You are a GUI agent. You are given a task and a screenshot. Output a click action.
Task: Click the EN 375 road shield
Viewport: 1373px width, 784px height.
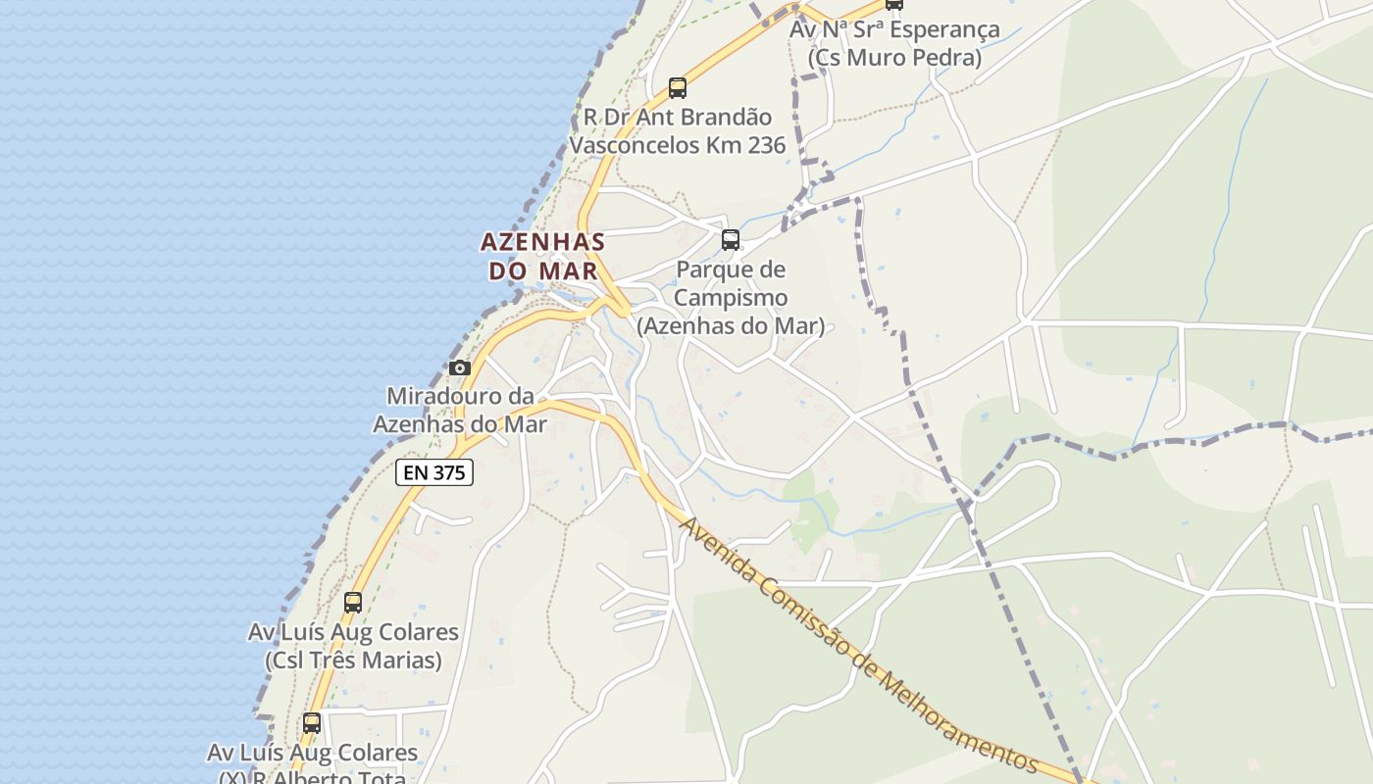tap(434, 472)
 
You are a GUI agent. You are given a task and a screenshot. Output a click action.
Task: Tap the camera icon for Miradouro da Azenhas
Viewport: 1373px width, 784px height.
tap(459, 368)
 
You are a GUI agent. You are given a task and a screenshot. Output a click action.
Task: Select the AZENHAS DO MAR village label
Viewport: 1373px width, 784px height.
tap(542, 256)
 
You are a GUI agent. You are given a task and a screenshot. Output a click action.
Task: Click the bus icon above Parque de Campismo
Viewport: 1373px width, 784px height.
tap(730, 240)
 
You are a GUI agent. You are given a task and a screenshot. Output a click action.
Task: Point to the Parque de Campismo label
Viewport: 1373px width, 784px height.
tap(731, 297)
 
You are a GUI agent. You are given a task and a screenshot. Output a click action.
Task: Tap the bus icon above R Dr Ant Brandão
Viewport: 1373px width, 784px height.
tap(678, 88)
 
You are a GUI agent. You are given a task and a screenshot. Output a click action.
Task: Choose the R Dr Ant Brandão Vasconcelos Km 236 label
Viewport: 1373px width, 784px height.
tap(678, 131)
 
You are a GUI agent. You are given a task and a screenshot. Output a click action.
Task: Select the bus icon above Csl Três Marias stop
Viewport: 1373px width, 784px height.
tap(353, 603)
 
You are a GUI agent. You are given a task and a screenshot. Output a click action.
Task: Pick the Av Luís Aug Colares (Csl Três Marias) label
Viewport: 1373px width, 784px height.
tap(353, 646)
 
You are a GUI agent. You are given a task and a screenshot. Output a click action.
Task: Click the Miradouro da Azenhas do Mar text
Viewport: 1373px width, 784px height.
tap(460, 410)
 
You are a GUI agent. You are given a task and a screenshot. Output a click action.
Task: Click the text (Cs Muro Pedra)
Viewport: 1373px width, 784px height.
tap(894, 58)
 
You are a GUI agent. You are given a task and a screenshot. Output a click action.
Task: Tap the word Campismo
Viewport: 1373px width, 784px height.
tap(731, 297)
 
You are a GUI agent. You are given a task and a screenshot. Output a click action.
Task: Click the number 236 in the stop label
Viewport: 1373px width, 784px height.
tap(764, 145)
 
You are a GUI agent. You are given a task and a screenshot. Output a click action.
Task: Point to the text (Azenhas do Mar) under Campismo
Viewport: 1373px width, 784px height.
tap(731, 325)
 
